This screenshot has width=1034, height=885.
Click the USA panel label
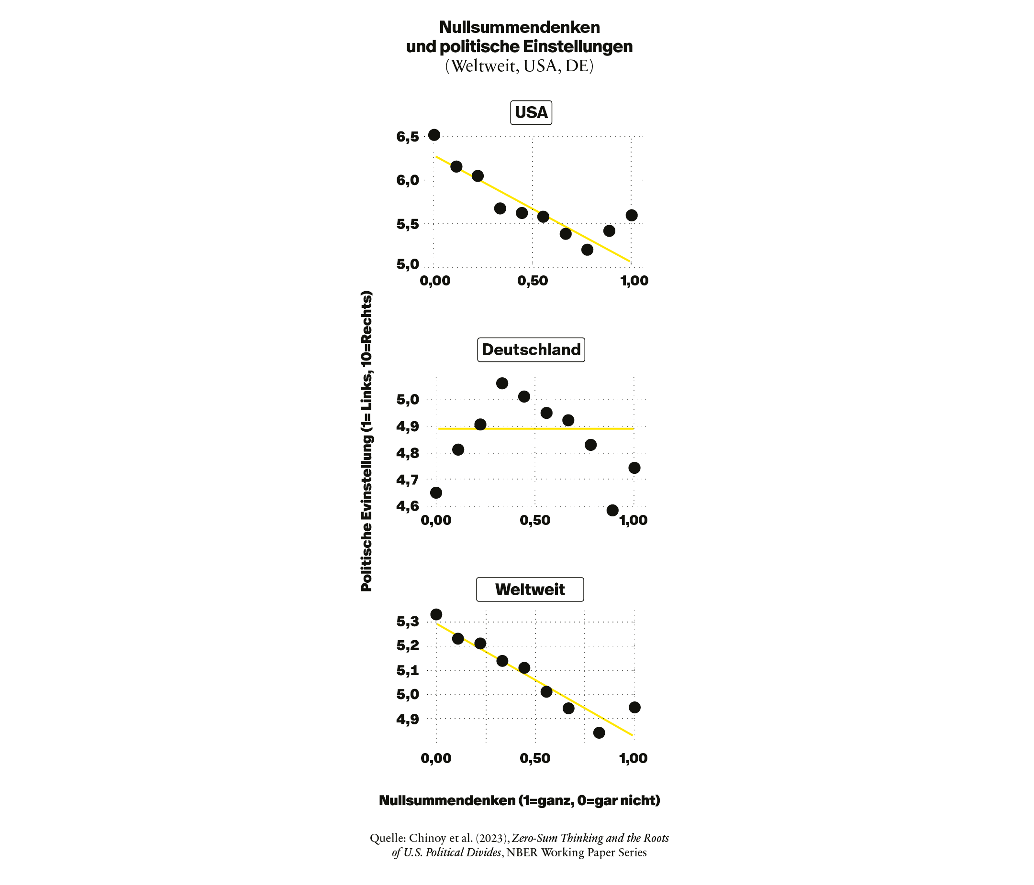[531, 112]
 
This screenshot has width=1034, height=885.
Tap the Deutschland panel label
[531, 350]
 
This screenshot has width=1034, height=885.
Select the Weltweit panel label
[530, 590]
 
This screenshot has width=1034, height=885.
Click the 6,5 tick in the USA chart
[408, 137]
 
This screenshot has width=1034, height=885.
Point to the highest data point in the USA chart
[434, 135]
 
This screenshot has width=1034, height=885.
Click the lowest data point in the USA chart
[588, 249]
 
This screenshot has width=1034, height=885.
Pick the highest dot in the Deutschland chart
[502, 383]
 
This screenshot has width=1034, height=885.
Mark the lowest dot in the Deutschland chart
[612, 511]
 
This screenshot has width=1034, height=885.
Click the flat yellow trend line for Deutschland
[536, 428]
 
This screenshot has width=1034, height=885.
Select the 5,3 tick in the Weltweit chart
[408, 622]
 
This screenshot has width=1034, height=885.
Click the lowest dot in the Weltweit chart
[600, 732]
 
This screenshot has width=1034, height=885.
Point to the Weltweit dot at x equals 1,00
[635, 708]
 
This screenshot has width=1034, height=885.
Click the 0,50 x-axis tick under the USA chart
[533, 281]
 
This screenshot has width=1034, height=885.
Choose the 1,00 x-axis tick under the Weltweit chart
[634, 758]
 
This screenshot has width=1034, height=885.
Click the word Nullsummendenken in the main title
[520, 27]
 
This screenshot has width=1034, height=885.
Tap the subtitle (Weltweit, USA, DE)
[520, 66]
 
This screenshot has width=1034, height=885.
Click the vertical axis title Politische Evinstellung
[367, 441]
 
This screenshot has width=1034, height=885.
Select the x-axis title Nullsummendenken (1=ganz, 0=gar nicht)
[520, 800]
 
